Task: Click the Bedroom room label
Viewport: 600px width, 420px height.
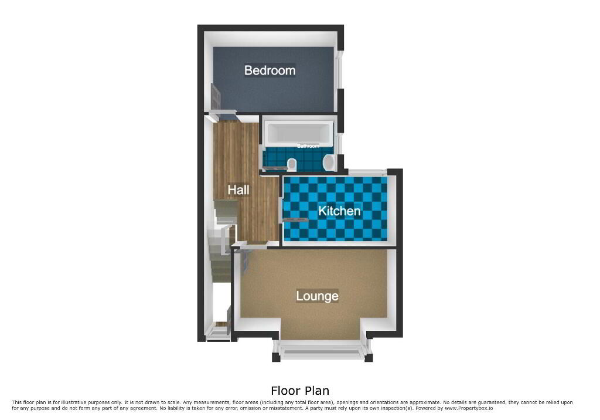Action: coord(270,70)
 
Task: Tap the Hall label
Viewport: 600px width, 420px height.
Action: coord(238,189)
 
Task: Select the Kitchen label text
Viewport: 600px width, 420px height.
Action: coord(339,211)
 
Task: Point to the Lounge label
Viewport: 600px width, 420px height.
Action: coord(317,296)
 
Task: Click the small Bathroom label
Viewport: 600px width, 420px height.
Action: coord(308,146)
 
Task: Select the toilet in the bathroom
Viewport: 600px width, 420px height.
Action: coord(292,164)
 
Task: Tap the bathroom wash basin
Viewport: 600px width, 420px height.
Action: coord(328,162)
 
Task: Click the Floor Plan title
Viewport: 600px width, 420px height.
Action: coord(300,391)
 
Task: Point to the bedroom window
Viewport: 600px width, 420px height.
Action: coord(339,70)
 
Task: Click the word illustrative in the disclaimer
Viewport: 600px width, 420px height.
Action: coord(75,402)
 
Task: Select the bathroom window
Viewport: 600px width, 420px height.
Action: coord(340,144)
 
